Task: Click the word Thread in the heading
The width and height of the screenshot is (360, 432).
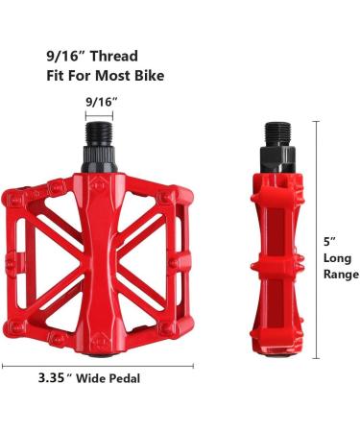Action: pyautogui.click(x=113, y=56)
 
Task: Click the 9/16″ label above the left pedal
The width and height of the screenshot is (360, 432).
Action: pyautogui.click(x=102, y=102)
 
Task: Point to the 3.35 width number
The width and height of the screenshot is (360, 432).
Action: pyautogui.click(x=52, y=378)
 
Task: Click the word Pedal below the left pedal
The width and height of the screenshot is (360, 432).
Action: pyautogui.click(x=126, y=378)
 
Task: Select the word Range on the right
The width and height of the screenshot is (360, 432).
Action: pyautogui.click(x=341, y=275)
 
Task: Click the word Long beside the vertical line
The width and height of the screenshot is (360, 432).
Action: pyautogui.click(x=337, y=258)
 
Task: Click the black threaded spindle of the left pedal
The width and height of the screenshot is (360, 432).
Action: pyautogui.click(x=99, y=133)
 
